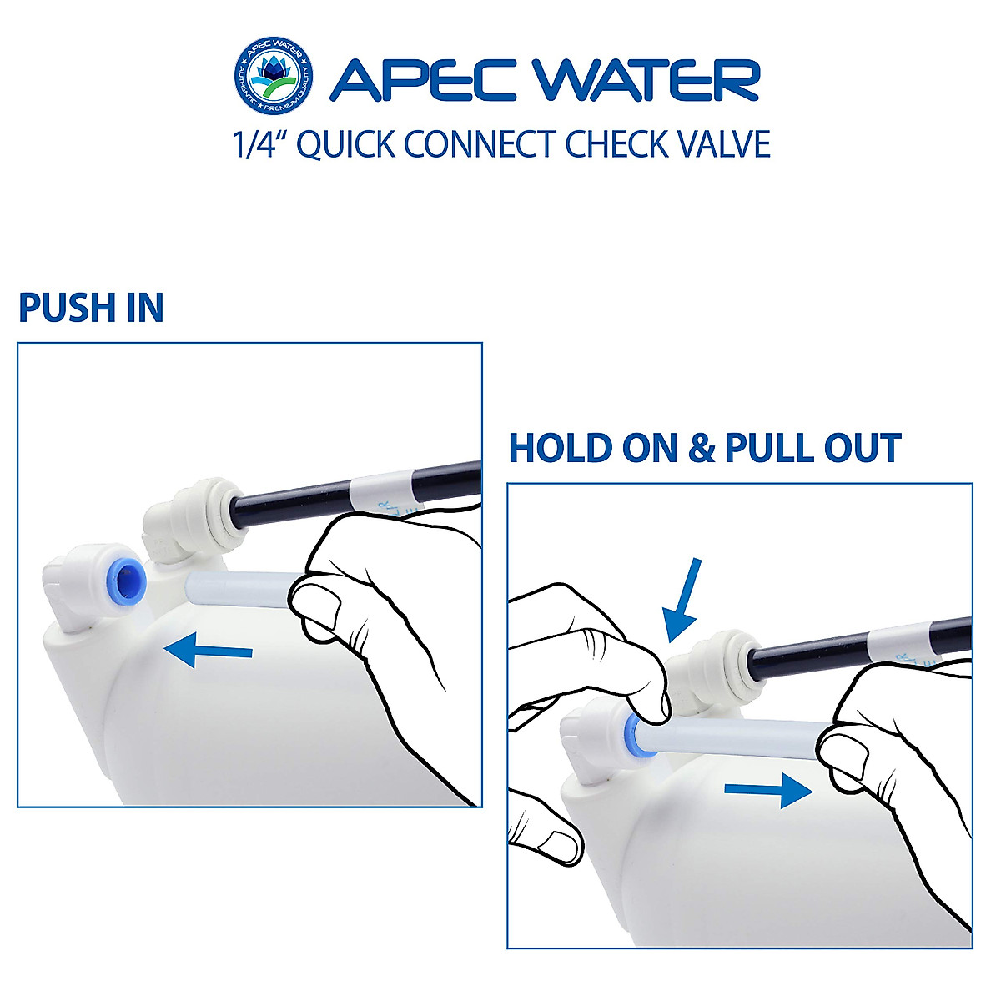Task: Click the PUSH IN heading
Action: coord(91,308)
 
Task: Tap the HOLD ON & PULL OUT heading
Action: coord(705,448)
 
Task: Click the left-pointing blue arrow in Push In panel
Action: coord(208,650)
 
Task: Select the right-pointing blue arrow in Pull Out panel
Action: coord(768,790)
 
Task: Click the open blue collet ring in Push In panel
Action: coord(128,576)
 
